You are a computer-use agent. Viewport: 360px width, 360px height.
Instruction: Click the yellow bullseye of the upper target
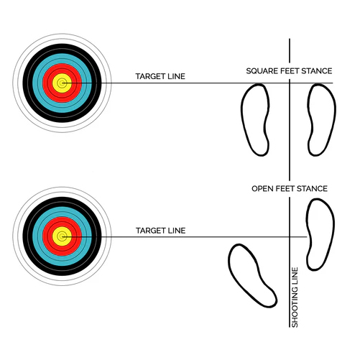click(x=62, y=83)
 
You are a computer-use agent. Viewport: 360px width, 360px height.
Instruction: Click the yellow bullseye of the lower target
click(x=62, y=236)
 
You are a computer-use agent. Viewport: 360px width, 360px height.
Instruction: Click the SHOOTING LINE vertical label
click(x=295, y=297)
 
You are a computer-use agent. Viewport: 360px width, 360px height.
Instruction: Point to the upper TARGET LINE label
click(x=160, y=76)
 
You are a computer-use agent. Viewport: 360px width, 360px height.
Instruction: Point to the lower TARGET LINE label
click(x=161, y=231)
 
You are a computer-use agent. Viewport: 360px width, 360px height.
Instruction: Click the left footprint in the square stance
click(x=255, y=120)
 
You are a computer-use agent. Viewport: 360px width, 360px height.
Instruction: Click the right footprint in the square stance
click(x=322, y=120)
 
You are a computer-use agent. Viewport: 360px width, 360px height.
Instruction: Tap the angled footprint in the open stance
click(x=251, y=275)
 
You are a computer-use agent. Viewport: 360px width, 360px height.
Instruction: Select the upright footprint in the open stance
click(x=320, y=234)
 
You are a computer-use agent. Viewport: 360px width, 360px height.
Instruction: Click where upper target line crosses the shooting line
click(x=290, y=83)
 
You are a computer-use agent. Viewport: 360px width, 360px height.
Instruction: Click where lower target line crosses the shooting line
click(x=290, y=237)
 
